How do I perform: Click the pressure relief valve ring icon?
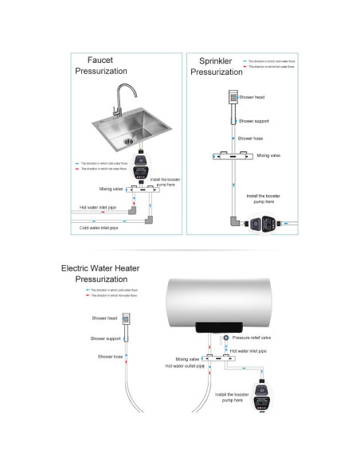pyautogui.click(x=227, y=338)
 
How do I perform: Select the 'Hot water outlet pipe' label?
pyautogui.click(x=191, y=366)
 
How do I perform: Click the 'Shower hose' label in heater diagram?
pyautogui.click(x=110, y=357)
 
